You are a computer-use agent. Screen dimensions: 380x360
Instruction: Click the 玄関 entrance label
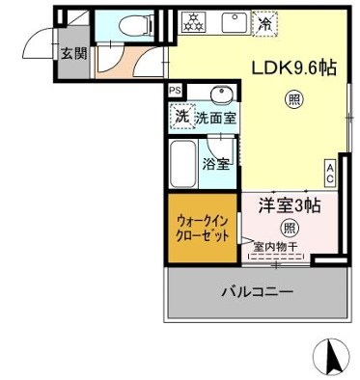click(x=72, y=53)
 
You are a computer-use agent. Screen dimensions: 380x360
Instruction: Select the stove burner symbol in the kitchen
click(x=190, y=21)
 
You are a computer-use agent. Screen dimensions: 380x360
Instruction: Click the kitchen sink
click(x=233, y=22)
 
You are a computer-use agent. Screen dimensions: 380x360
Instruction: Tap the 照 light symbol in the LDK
click(x=293, y=98)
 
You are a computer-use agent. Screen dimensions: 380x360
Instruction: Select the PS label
click(x=175, y=91)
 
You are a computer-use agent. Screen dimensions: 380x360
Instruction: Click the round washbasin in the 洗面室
click(x=219, y=95)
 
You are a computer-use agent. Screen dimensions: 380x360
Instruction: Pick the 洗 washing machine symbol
click(x=180, y=116)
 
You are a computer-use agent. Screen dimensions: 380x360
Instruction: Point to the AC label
click(x=329, y=172)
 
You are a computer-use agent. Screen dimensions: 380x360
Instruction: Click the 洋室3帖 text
click(x=288, y=205)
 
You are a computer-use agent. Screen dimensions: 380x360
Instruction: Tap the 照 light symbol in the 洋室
click(x=288, y=228)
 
